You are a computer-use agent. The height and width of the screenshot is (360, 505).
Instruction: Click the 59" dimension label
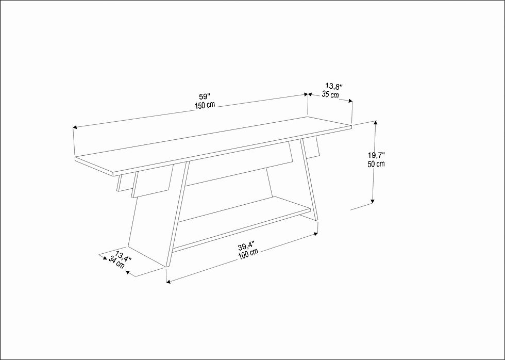(204, 96)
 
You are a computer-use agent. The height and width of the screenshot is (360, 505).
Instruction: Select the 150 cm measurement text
(205, 105)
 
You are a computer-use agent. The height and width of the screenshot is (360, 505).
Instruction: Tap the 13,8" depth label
(334, 86)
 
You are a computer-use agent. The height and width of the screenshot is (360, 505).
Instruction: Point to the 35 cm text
(330, 94)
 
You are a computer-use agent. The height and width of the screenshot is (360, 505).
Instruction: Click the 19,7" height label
(376, 156)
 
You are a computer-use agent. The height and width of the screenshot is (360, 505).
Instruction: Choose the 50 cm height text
(376, 163)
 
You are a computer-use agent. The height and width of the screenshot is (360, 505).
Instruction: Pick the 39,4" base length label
(247, 247)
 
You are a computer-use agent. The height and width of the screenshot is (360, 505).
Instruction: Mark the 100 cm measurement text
(248, 254)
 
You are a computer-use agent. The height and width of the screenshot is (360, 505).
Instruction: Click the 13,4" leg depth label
(124, 256)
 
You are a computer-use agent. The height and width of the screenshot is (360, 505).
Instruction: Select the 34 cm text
(116, 262)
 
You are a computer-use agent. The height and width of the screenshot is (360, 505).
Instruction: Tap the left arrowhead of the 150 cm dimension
(75, 127)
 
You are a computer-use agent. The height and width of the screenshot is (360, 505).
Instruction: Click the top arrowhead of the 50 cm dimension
(375, 122)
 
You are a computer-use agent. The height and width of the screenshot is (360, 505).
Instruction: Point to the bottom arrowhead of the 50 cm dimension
(373, 201)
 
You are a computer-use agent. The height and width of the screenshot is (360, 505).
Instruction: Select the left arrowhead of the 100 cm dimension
(169, 282)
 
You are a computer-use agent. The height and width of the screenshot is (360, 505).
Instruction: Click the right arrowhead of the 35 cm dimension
(350, 101)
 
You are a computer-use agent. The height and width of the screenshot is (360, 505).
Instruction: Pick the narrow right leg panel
(309, 180)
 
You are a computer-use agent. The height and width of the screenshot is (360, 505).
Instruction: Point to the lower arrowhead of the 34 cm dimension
(128, 273)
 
